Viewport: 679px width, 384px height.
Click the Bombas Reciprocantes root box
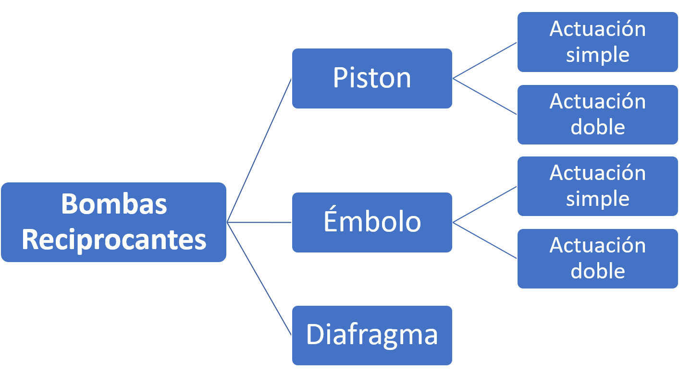click(x=113, y=222)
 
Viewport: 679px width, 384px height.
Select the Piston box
click(x=372, y=78)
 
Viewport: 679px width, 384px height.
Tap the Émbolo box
click(x=372, y=222)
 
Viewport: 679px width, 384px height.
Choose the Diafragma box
click(x=372, y=335)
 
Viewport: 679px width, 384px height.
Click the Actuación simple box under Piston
click(x=597, y=42)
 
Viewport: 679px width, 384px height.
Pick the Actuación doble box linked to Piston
click(x=597, y=114)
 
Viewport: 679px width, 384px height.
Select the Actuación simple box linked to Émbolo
click(x=597, y=186)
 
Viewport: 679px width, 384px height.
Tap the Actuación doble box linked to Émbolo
click(x=597, y=258)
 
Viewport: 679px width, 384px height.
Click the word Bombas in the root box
click(x=114, y=204)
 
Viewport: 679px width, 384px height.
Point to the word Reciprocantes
click(x=114, y=240)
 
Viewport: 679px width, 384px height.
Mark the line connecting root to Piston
click(x=259, y=150)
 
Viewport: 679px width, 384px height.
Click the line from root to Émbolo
click(x=259, y=222)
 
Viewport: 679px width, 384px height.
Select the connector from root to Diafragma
click(x=259, y=278)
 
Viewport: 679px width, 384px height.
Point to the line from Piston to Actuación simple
click(x=485, y=60)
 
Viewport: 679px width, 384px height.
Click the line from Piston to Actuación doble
click(x=485, y=96)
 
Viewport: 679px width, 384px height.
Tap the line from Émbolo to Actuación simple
click(x=485, y=204)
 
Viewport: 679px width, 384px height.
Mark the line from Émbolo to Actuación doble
click(x=485, y=240)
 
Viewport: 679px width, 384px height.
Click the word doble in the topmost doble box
click(x=597, y=127)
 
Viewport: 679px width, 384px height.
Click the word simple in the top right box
click(x=597, y=55)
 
